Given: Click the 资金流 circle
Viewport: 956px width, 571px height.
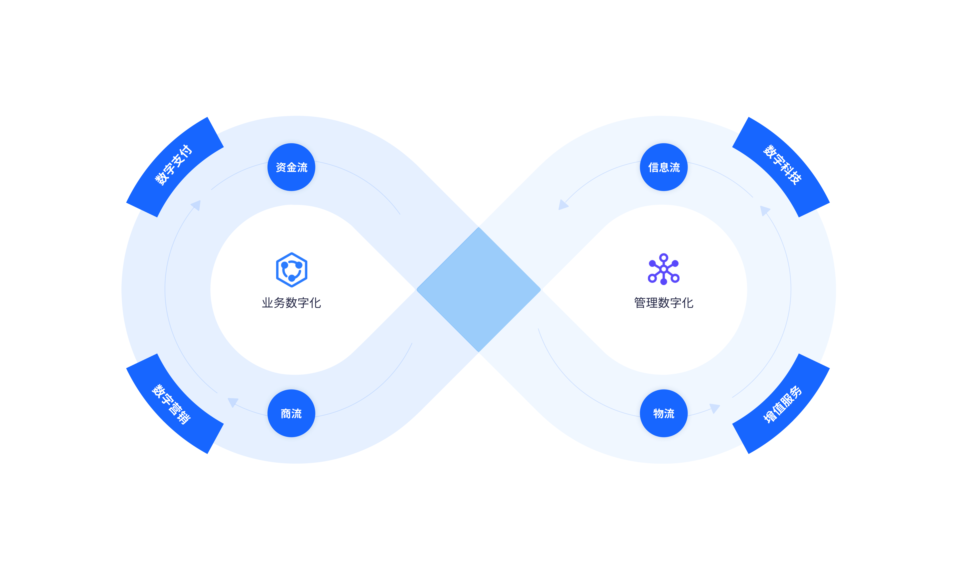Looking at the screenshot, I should point(292,167).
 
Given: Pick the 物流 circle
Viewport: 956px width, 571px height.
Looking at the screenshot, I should point(664,414).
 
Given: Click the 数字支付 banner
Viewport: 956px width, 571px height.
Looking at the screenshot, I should point(174,166).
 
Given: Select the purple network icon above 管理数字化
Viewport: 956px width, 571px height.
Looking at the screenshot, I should point(664,269).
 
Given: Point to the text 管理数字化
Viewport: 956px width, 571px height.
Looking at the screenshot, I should point(664,303).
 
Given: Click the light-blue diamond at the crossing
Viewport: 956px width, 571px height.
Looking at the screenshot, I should point(479,289).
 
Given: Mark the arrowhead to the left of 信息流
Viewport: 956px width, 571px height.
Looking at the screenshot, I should point(563,205).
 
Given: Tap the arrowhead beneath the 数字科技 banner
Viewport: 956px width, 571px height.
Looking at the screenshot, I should point(764,210).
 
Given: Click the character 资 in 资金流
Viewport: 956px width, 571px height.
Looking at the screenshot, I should point(281,167).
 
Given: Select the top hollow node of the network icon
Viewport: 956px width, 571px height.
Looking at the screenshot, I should point(664,257).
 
